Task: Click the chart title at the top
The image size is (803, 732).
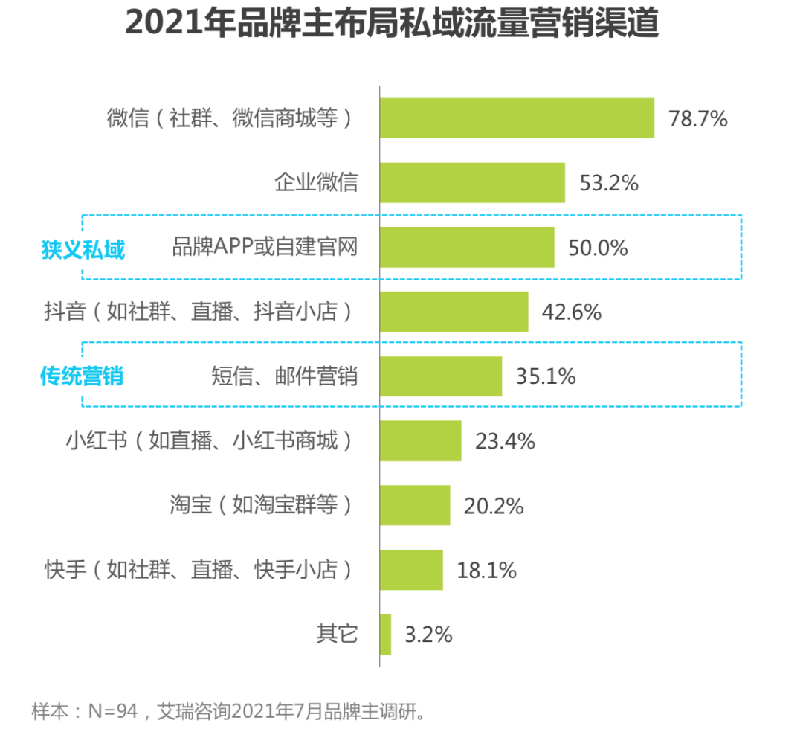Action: [x=392, y=24]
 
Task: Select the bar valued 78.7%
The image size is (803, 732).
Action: [x=517, y=118]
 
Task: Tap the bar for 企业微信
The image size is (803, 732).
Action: [x=472, y=182]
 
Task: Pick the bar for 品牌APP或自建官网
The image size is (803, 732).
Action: [x=467, y=247]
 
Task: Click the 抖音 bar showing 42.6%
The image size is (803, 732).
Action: [x=454, y=312]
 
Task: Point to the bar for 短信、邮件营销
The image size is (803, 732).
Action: [x=441, y=376]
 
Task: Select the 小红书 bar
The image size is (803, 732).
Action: [x=420, y=441]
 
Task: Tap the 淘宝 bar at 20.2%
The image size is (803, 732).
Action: [x=415, y=506]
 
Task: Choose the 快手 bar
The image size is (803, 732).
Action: [x=411, y=571]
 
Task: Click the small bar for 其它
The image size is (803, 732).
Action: [x=385, y=635]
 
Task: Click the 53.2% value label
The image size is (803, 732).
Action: [x=609, y=183]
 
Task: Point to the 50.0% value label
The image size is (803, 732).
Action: [x=598, y=248]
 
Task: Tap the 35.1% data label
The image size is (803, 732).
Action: [x=546, y=377]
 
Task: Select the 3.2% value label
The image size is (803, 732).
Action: [x=428, y=635]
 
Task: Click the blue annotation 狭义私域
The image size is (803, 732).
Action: [x=83, y=250]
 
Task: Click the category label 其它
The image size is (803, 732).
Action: [x=337, y=635]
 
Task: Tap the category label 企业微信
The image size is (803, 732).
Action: [x=316, y=182]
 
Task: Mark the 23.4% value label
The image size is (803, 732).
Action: [x=505, y=442]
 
